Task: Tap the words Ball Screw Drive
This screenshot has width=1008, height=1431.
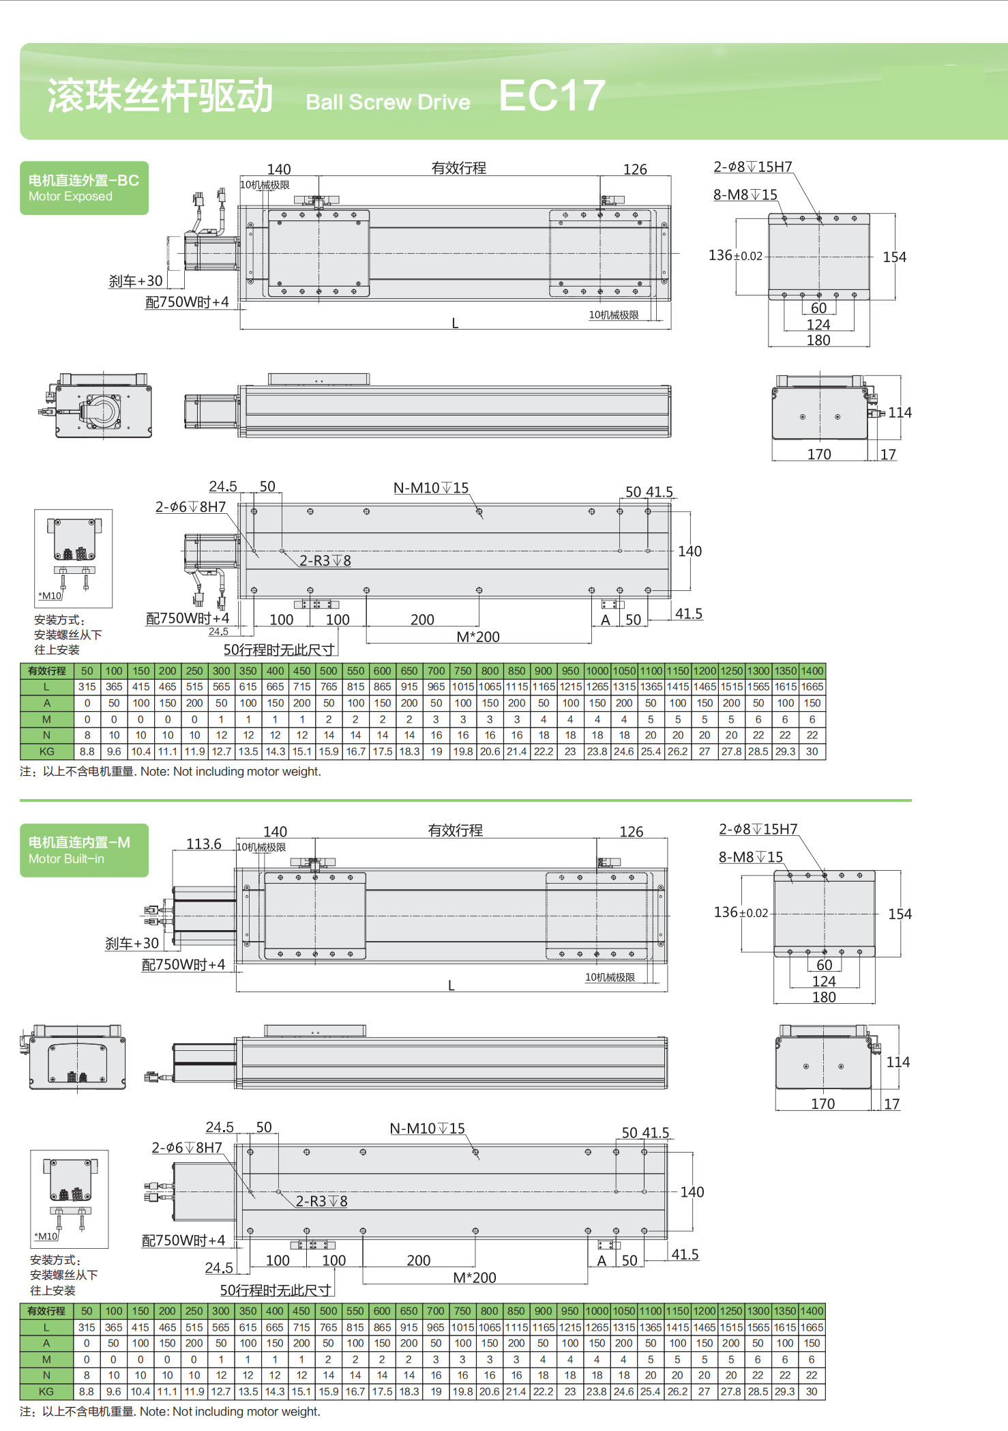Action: coord(387,102)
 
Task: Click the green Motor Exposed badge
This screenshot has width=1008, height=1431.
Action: coord(84,188)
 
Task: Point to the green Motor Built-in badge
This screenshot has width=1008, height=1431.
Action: coord(84,850)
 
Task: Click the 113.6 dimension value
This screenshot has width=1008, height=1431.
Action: coord(204,844)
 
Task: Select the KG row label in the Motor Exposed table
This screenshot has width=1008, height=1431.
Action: coord(46,751)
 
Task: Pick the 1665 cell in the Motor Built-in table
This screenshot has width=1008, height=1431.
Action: coord(812,1327)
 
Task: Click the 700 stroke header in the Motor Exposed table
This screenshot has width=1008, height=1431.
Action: coord(436,671)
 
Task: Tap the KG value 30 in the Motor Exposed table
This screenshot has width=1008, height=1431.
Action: coord(812,751)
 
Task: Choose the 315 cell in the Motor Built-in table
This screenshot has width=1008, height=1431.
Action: coord(87,1327)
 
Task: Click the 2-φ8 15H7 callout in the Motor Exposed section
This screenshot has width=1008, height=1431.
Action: coord(753,167)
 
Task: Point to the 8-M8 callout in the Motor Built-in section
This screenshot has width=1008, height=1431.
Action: coord(750,857)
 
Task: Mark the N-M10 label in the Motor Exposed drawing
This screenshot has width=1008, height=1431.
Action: coord(431,488)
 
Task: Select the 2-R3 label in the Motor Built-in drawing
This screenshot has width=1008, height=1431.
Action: coord(321,1201)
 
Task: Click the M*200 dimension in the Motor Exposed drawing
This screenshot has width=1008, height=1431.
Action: coord(477,637)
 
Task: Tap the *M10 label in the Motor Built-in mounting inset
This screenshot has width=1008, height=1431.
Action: coord(47,1236)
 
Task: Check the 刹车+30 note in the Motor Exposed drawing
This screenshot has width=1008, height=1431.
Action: coord(136,281)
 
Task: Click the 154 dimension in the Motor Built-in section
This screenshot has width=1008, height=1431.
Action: coord(900,914)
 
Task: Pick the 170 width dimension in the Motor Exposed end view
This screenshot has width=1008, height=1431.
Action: coord(819,454)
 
